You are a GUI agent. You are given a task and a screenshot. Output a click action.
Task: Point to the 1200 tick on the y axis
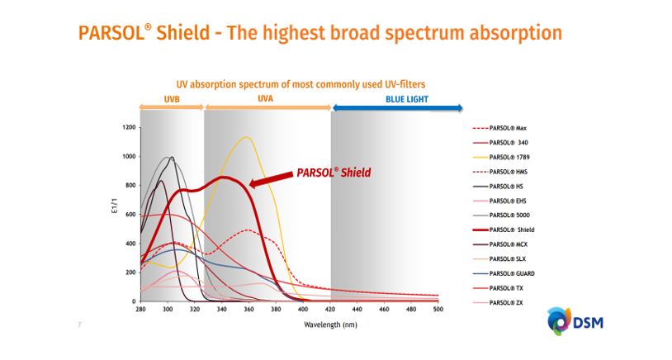[x=129, y=128]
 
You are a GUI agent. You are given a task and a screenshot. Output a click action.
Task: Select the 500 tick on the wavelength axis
[x=438, y=309]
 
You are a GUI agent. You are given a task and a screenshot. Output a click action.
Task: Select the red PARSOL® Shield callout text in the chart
[x=334, y=173]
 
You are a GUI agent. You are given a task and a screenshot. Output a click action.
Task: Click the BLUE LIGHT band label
[x=407, y=100]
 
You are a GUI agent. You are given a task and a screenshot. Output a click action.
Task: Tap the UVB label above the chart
[x=172, y=100]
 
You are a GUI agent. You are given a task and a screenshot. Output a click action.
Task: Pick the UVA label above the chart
[x=267, y=100]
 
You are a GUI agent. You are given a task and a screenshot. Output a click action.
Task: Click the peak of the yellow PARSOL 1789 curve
[x=246, y=137]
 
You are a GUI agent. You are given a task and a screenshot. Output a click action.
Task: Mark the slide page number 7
[x=79, y=325]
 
